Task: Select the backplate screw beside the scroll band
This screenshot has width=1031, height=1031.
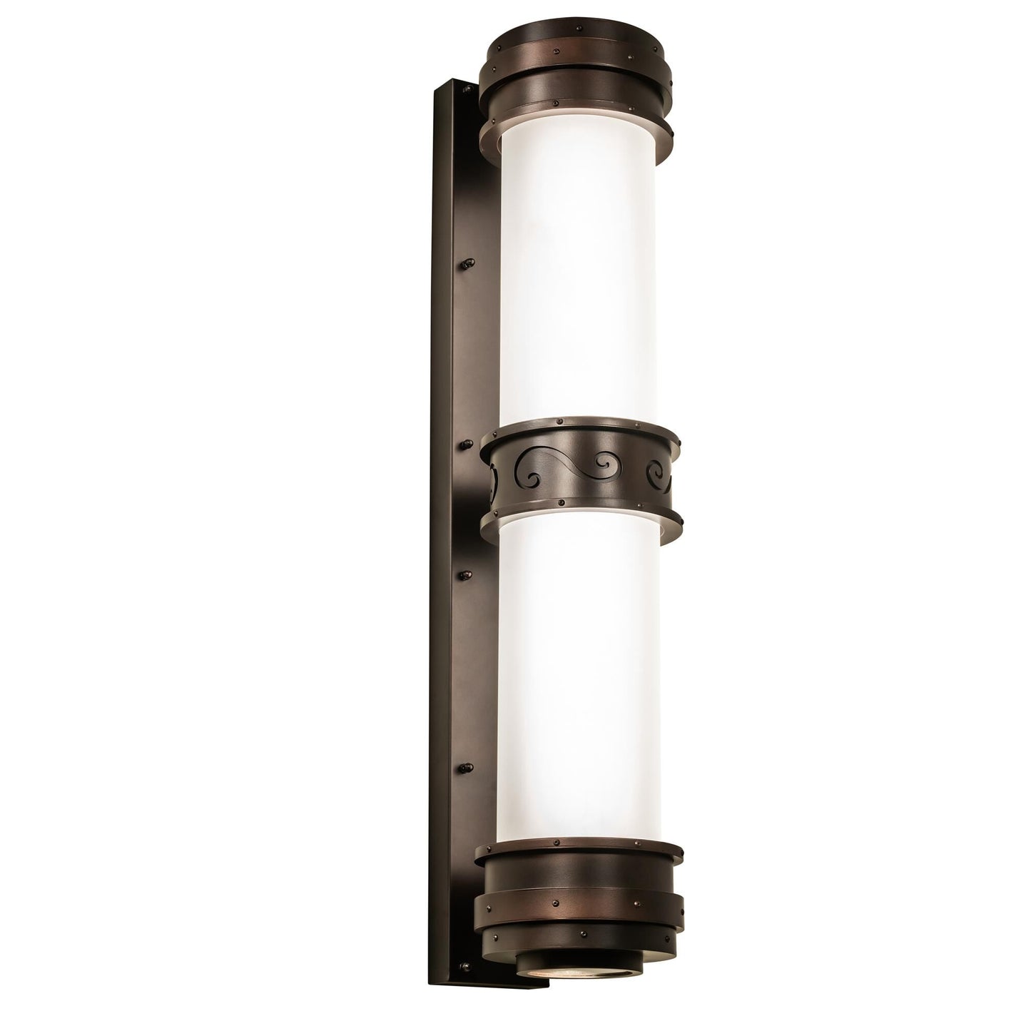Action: (466, 447)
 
